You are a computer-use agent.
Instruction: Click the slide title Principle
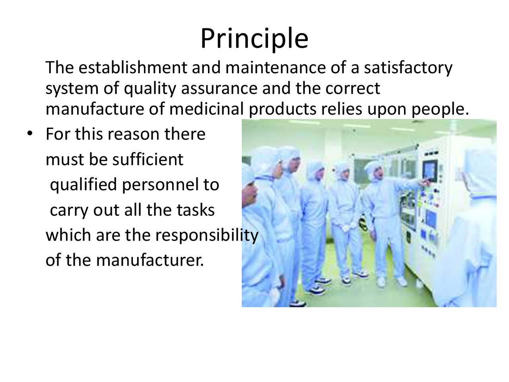click(x=254, y=39)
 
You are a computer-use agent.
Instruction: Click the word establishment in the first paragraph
click(x=133, y=67)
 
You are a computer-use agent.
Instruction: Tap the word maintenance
click(x=276, y=67)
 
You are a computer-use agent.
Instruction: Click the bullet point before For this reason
click(x=30, y=133)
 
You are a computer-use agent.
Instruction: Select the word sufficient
click(x=148, y=159)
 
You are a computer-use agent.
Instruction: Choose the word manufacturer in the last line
click(x=150, y=260)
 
